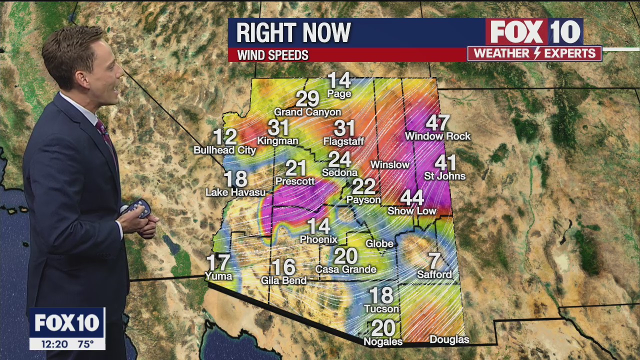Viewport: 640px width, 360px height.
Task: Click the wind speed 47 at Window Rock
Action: [437, 123]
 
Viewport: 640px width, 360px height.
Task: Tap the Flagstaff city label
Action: [343, 141]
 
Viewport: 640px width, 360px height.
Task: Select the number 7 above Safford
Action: [435, 261]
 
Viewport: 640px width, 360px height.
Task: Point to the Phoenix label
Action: [318, 239]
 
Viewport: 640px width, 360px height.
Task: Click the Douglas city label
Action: [449, 340]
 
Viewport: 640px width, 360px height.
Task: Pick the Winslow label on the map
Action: [389, 164]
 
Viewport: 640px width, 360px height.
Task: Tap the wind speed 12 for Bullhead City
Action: [224, 137]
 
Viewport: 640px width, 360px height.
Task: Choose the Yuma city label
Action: [218, 276]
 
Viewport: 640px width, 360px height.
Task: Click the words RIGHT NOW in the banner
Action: [293, 33]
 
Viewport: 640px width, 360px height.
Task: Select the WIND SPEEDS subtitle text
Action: [272, 55]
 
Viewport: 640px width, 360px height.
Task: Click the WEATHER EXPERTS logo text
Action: [534, 53]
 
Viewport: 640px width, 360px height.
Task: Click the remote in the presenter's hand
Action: [138, 208]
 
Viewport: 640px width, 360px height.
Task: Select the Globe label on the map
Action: [379, 243]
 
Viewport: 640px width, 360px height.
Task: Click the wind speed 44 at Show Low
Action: [412, 198]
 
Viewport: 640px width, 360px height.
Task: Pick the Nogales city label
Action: [383, 342]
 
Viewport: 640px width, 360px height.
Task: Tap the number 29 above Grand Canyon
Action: [307, 99]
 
